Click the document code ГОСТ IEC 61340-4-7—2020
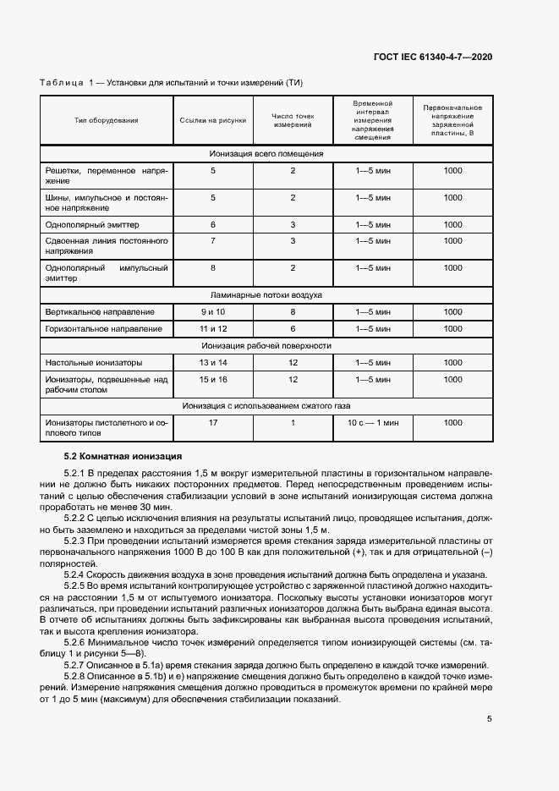[432, 57]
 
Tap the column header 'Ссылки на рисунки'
[213, 120]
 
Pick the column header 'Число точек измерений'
[293, 120]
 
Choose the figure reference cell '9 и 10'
[213, 312]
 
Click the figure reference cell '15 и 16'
[213, 380]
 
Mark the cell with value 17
[213, 421]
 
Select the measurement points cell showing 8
[293, 312]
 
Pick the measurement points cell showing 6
[293, 328]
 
